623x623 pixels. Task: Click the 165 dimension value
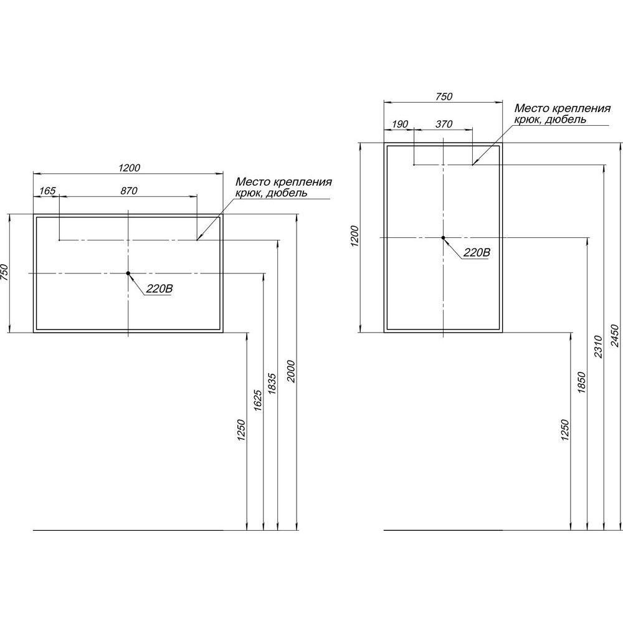point(47,191)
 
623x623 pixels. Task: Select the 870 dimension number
point(129,191)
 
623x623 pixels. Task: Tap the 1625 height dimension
point(257,400)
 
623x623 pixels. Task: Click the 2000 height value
point(291,371)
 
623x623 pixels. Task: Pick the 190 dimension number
point(400,125)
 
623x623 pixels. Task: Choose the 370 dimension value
point(444,125)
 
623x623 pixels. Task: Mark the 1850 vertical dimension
point(582,383)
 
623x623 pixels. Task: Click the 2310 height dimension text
point(598,346)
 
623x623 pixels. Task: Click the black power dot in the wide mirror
point(128,273)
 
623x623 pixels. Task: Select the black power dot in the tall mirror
point(443,237)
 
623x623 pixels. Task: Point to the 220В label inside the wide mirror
point(159,289)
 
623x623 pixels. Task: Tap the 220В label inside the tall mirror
point(477,253)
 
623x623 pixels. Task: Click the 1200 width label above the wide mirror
point(129,168)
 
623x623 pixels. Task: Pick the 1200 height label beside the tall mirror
point(355,236)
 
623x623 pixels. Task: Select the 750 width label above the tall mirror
point(444,97)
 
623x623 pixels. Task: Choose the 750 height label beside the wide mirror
point(4,273)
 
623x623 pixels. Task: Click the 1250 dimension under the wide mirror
point(242,430)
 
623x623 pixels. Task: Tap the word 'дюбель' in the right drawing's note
point(566,119)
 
